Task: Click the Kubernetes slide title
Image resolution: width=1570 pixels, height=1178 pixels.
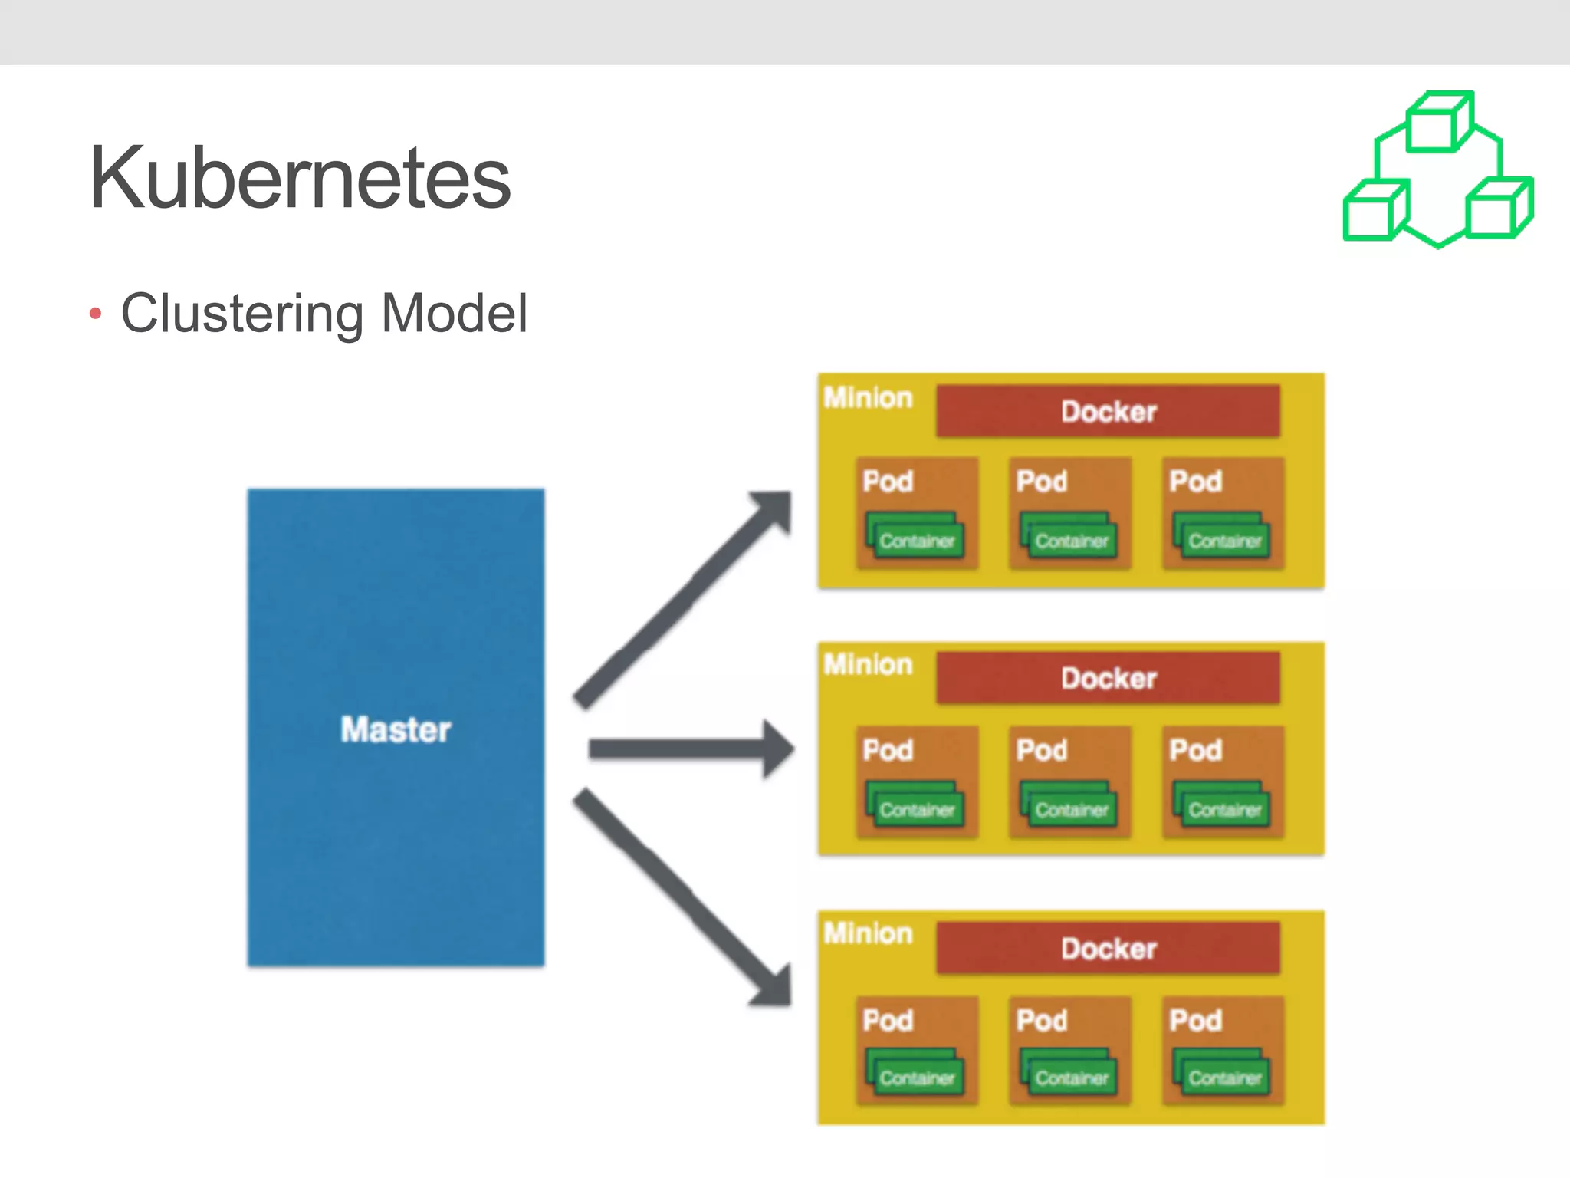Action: (299, 178)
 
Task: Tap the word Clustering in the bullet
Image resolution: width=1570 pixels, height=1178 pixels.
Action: (242, 314)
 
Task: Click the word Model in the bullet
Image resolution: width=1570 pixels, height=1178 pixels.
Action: (454, 314)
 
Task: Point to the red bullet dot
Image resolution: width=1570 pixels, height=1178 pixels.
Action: (95, 313)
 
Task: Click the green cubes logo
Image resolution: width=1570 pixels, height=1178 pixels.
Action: (1438, 170)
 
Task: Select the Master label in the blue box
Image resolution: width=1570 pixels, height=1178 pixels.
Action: (396, 729)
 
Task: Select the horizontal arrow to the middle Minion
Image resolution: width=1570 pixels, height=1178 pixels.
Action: (690, 749)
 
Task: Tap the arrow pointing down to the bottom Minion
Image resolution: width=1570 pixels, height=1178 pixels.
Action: (682, 897)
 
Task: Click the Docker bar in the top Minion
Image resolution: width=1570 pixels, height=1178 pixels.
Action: (1108, 412)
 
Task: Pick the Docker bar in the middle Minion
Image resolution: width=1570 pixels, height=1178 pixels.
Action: (1108, 679)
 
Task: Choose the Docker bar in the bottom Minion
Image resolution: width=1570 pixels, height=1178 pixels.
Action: (1108, 949)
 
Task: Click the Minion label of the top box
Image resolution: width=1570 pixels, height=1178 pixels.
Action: (868, 398)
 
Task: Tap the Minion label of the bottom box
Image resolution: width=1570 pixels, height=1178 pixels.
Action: (868, 933)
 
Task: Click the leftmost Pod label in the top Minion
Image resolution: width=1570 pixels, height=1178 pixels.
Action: (888, 482)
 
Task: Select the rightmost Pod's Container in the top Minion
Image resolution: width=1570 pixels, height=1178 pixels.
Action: (1224, 541)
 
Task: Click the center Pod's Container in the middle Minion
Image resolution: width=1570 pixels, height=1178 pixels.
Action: (1071, 809)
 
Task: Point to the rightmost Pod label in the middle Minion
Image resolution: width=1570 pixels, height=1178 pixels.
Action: (1195, 750)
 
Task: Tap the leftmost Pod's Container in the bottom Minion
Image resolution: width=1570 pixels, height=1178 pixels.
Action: (916, 1078)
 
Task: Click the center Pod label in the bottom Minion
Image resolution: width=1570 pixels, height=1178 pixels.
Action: (1041, 1021)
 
